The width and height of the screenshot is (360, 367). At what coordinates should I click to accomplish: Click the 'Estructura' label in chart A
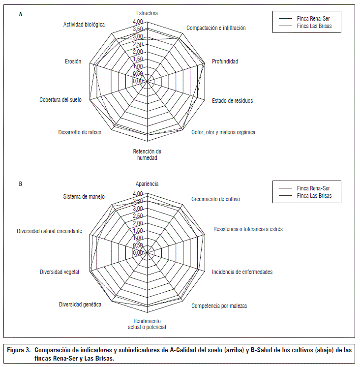pos(147,13)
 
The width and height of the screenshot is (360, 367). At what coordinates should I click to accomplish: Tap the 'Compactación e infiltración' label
pos(216,28)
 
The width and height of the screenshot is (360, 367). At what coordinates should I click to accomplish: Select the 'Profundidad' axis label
pos(225,61)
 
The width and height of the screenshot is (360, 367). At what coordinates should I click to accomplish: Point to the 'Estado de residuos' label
pos(232,101)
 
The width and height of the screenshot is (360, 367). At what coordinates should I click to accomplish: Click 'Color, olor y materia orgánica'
pos(223,132)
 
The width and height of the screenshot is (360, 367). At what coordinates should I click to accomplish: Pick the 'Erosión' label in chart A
pos(73,61)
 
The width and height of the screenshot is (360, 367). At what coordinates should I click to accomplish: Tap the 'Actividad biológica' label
pos(84,24)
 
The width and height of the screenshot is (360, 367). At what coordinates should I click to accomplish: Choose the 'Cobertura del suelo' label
pos(60,100)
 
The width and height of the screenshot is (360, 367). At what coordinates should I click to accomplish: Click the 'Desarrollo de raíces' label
pos(80,132)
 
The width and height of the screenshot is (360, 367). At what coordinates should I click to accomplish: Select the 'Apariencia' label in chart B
pos(147,184)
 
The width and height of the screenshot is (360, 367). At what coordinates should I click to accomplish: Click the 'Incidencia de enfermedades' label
pos(242,272)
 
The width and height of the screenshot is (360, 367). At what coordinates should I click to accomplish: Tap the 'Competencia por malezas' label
pos(219,306)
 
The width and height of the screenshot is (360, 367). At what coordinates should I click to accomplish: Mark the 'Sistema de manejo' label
pos(84,197)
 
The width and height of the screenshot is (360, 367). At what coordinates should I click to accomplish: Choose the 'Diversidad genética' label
pos(80,305)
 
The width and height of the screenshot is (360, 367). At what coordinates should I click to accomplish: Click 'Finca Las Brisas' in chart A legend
pos(318,25)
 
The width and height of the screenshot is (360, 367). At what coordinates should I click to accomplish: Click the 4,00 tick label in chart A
pos(138,22)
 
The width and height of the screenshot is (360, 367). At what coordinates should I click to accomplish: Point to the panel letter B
pos(21,184)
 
